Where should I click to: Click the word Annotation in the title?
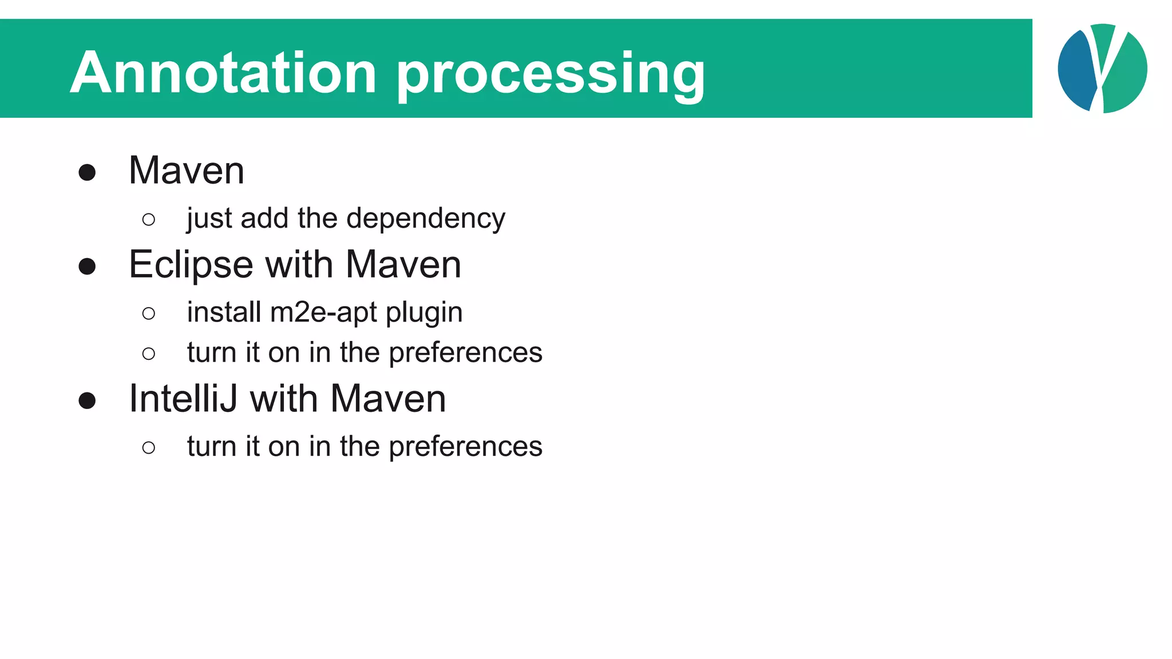point(223,73)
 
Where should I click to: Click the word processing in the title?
point(551,74)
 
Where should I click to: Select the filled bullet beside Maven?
point(87,172)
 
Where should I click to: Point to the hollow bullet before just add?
point(149,220)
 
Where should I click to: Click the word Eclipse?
point(191,265)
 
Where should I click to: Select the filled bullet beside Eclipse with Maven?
point(87,267)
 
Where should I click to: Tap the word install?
point(224,312)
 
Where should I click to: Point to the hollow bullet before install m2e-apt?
point(149,313)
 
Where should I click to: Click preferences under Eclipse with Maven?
point(465,353)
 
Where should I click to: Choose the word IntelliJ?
point(183,399)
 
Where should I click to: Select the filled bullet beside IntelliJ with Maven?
point(87,400)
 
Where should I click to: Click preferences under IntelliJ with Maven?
point(465,447)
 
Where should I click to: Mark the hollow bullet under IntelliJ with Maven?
point(149,447)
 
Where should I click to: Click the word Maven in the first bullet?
point(187,170)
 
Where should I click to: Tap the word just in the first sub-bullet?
point(209,219)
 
